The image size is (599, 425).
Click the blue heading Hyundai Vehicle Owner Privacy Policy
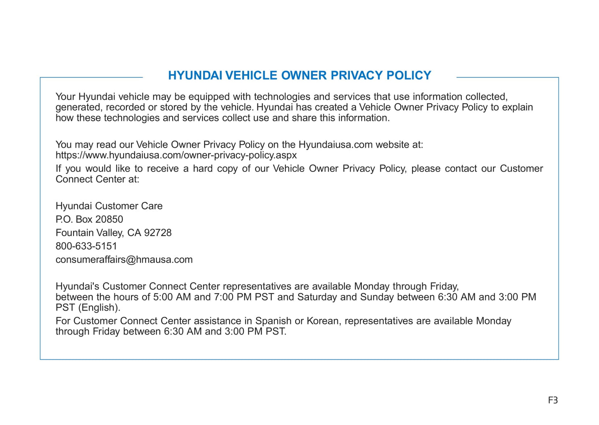point(299,75)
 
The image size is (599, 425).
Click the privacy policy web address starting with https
point(176,155)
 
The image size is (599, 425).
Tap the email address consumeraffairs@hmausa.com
point(124,260)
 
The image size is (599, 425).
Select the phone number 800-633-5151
point(86,246)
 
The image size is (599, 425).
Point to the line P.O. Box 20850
point(89,219)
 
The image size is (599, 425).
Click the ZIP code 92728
point(158,233)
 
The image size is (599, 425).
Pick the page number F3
point(553,400)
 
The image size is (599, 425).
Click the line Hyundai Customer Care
point(109,206)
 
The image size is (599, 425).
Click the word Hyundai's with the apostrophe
point(78,286)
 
